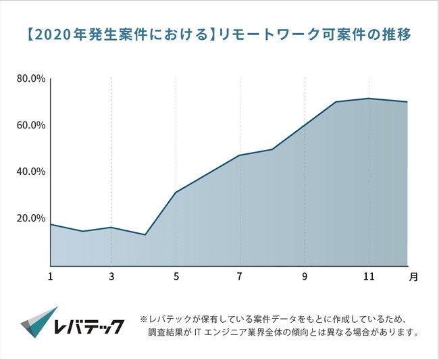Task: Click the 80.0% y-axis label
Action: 30,79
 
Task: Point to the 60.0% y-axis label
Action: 30,126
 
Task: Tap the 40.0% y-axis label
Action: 30,172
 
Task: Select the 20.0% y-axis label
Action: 30,218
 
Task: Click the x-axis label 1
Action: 51,276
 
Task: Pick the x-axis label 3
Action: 112,276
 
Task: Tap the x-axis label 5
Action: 176,276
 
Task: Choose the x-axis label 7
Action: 240,276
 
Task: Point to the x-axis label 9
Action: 305,276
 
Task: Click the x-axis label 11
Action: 369,276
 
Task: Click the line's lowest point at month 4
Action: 145,234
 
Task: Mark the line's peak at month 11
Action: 369,99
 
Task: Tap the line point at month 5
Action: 176,192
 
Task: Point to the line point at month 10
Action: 336,102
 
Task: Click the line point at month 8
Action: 272,149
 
